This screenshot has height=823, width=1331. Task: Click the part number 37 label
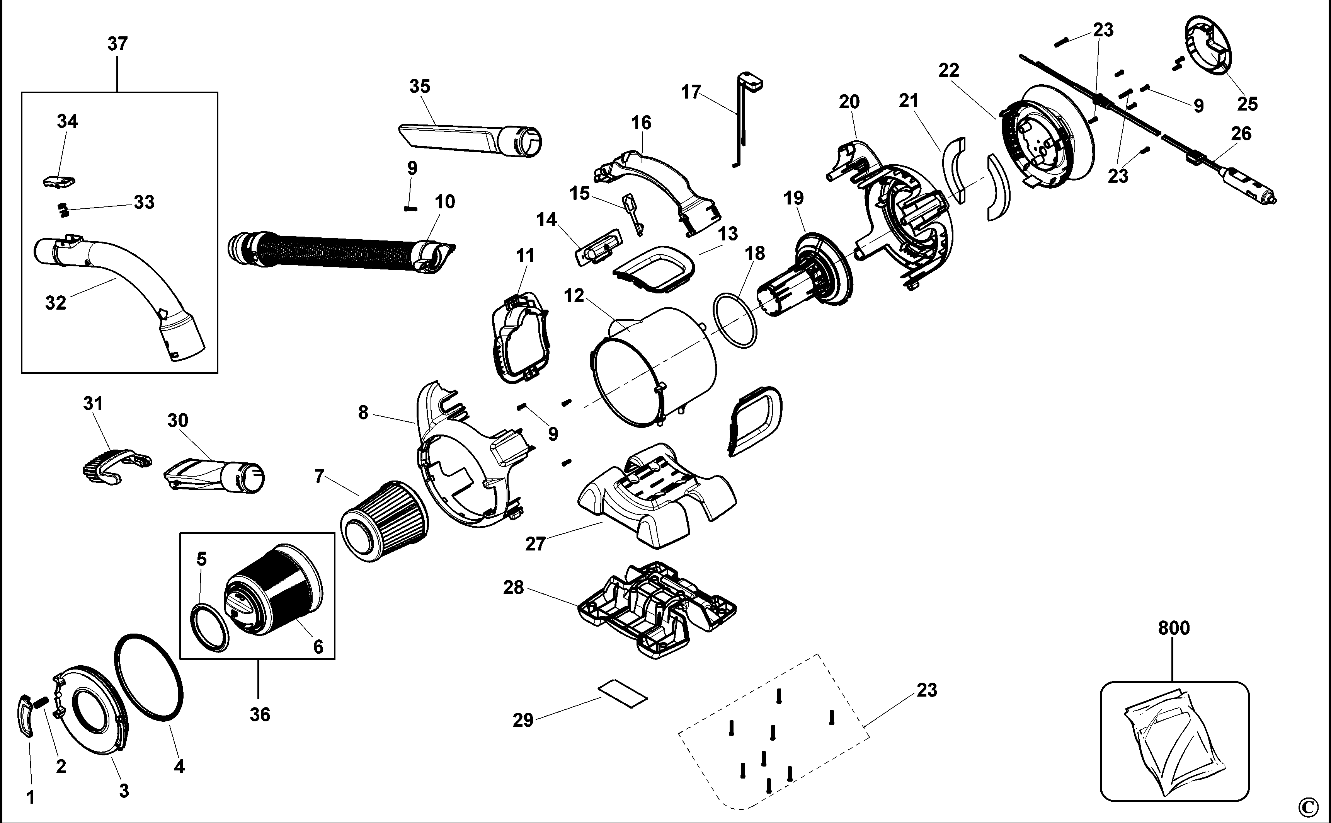pos(117,44)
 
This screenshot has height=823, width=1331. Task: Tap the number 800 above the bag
pos(1174,628)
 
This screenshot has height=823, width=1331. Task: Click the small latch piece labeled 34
pos(59,182)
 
